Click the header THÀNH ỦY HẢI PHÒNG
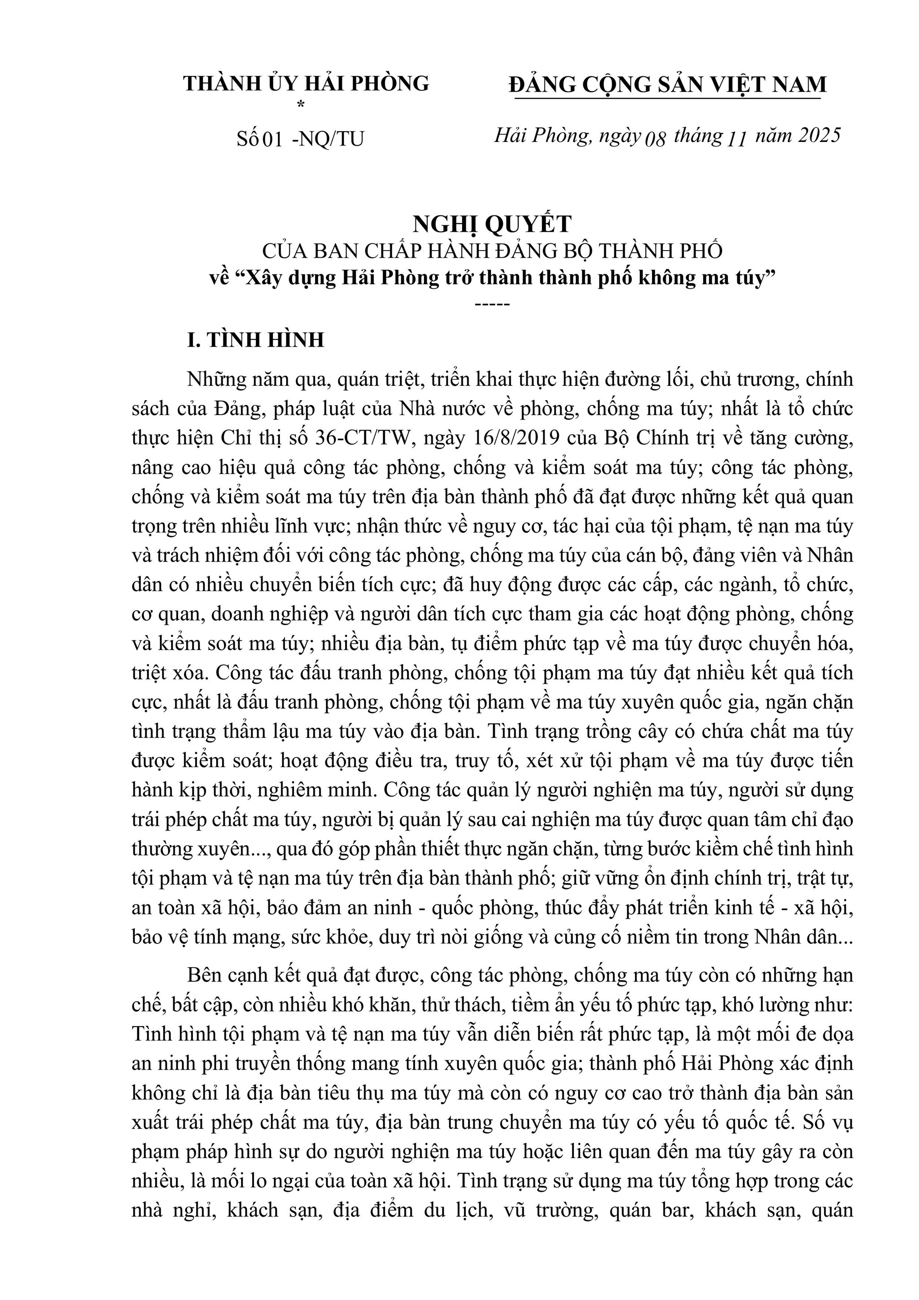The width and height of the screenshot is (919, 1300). tap(306, 84)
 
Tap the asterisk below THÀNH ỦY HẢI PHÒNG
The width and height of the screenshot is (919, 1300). tap(301, 104)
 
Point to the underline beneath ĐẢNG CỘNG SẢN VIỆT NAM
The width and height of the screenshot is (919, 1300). tap(668, 99)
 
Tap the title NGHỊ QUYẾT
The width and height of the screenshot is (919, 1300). tap(492, 224)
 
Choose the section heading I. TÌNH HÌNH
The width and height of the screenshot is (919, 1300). tap(256, 340)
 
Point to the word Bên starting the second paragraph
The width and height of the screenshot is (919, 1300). tap(209, 975)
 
